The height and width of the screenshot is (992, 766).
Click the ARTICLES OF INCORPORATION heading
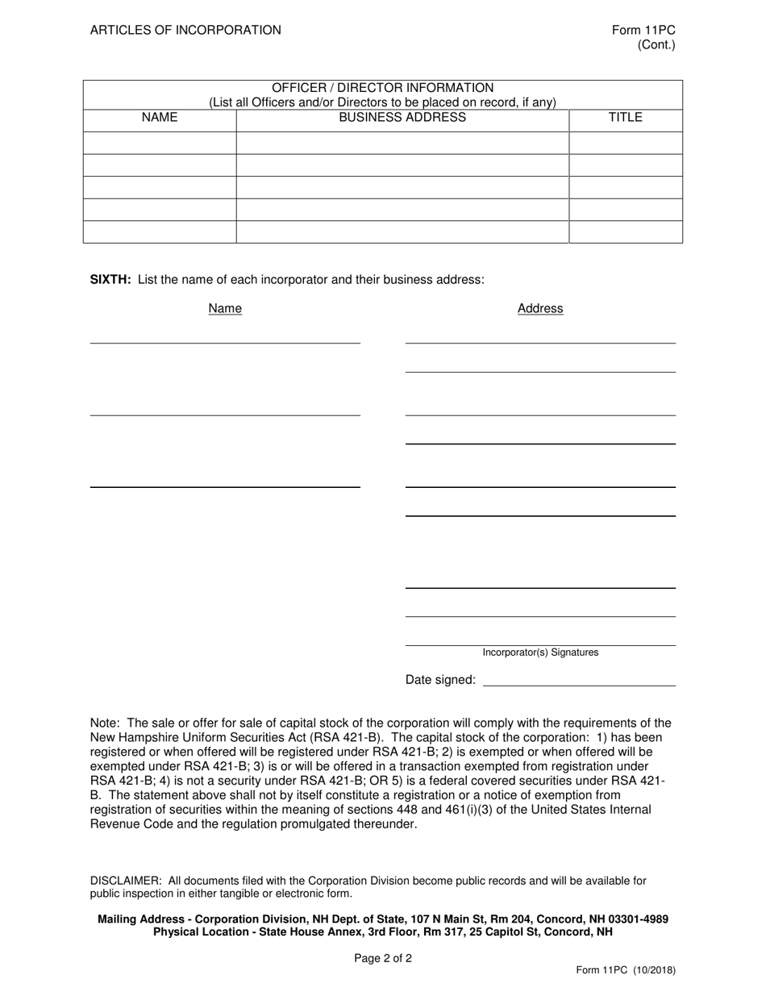[185, 30]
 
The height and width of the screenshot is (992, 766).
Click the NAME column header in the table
[160, 118]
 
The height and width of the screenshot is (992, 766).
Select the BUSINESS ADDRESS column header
[402, 118]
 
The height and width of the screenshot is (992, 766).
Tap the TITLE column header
[625, 118]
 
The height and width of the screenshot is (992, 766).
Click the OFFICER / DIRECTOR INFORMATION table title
[382, 87]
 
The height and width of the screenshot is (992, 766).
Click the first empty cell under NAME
[160, 143]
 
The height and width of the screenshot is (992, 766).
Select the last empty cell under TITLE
[625, 231]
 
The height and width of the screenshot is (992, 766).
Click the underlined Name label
[225, 309]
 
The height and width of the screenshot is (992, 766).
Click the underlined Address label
[540, 309]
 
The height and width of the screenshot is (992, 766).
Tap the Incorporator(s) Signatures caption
[540, 652]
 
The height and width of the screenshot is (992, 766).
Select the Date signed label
[440, 680]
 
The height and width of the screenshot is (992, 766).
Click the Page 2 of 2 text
[383, 959]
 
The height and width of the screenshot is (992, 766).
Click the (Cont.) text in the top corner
[656, 45]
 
